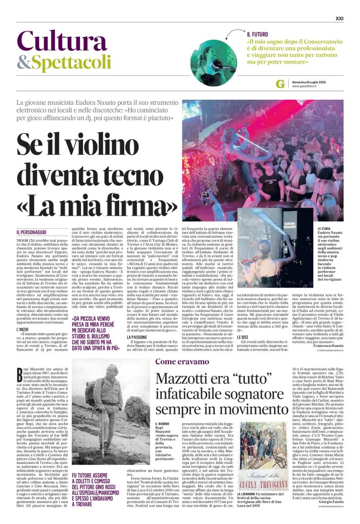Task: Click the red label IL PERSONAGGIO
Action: (x=35, y=231)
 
